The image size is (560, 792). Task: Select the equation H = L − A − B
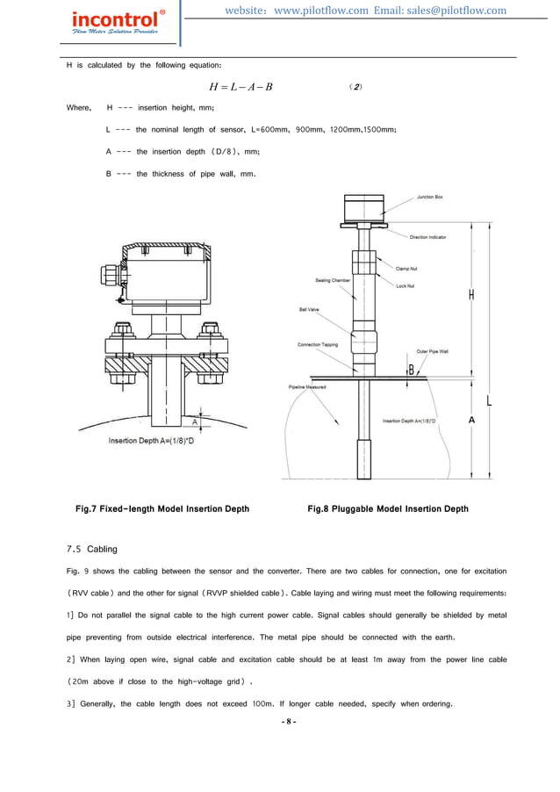coord(241,87)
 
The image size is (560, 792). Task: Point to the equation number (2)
coord(355,87)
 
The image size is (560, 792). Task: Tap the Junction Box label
coord(429,198)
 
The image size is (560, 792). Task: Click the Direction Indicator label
coord(427,237)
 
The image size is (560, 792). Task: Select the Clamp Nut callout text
coord(406,269)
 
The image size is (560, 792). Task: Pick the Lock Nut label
coord(405,286)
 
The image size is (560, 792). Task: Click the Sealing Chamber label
coord(333,281)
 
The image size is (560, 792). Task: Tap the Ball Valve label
coord(309,310)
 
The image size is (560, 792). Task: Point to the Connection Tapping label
coord(318,345)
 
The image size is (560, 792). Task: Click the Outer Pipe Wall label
coord(433,351)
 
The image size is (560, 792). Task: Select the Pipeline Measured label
coord(307,387)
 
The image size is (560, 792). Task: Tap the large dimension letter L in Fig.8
coord(488,401)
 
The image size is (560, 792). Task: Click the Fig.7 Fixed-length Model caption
coord(162,508)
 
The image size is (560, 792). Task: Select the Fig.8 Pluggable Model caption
coord(387,508)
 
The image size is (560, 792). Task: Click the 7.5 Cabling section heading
coord(92,549)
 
